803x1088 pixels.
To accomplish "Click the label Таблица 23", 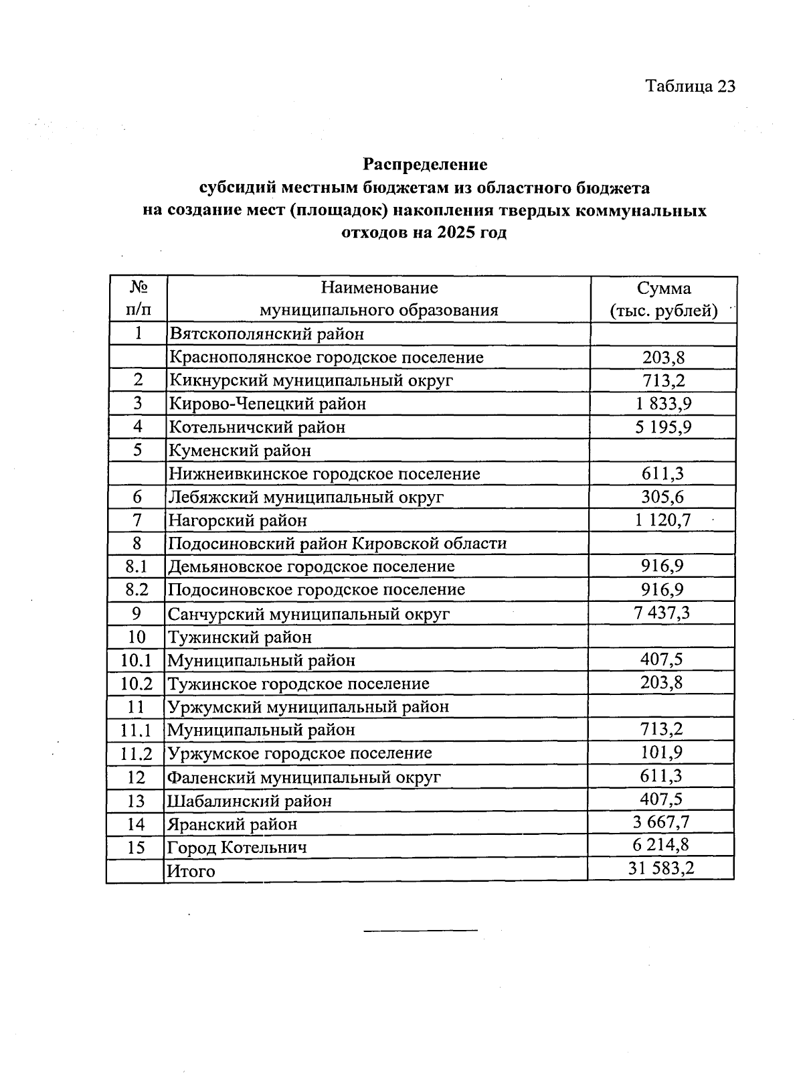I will (x=690, y=86).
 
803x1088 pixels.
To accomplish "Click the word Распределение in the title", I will (x=425, y=164).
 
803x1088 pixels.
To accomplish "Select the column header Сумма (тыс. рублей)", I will (x=663, y=299).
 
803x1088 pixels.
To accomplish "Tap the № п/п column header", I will (x=138, y=299).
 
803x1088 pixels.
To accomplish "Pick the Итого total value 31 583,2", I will (x=661, y=869).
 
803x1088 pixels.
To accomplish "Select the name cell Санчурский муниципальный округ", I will (x=308, y=613).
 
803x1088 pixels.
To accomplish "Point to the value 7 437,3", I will (x=661, y=612).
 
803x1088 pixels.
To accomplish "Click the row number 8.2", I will (x=137, y=590).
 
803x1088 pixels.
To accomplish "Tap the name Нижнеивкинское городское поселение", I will (x=325, y=474).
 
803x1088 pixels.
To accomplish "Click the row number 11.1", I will (x=137, y=730).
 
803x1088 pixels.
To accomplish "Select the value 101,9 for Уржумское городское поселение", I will (x=661, y=752).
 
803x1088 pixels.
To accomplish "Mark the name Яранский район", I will (x=232, y=824).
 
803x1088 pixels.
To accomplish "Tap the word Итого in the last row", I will (x=191, y=871).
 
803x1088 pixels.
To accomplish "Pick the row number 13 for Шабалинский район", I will (x=136, y=801).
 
